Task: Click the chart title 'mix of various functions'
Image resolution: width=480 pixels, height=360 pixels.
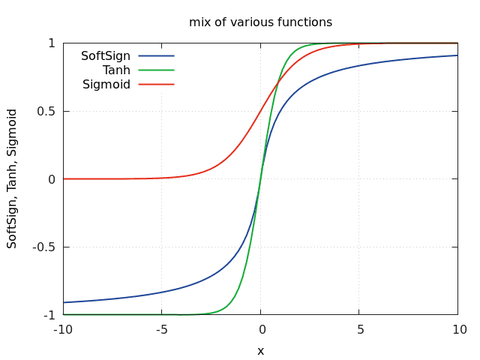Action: [x=260, y=22]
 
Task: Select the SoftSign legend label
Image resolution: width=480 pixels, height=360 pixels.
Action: [x=106, y=56]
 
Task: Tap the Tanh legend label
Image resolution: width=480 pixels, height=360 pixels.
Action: [x=116, y=70]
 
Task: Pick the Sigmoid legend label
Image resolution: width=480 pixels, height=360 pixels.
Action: [x=106, y=84]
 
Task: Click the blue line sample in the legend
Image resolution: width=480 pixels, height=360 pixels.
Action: [x=156, y=55]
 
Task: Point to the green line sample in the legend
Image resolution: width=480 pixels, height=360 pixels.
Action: [x=156, y=70]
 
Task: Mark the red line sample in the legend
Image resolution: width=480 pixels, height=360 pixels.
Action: [x=156, y=84]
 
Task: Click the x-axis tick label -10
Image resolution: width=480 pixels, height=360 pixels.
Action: [x=63, y=330]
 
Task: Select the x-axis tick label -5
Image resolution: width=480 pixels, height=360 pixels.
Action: [x=161, y=330]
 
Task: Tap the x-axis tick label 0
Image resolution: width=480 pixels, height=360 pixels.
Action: [x=260, y=330]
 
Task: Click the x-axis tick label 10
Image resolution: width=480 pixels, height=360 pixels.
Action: [x=457, y=330]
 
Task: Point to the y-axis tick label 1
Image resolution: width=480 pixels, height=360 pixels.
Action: [x=52, y=43]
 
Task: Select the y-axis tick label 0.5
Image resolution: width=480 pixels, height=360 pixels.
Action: [x=46, y=111]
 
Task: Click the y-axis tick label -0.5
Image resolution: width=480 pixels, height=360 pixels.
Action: [x=44, y=247]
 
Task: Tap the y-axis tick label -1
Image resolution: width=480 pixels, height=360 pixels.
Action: [x=49, y=315]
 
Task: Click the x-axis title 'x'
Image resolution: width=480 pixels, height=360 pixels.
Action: [x=260, y=350]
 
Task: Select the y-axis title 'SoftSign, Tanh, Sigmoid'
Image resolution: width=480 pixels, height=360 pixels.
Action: [x=13, y=178]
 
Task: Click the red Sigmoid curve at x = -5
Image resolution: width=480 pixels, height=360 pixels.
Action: [x=161, y=178]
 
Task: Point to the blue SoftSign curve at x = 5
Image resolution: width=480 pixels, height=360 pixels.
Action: [x=358, y=66]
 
